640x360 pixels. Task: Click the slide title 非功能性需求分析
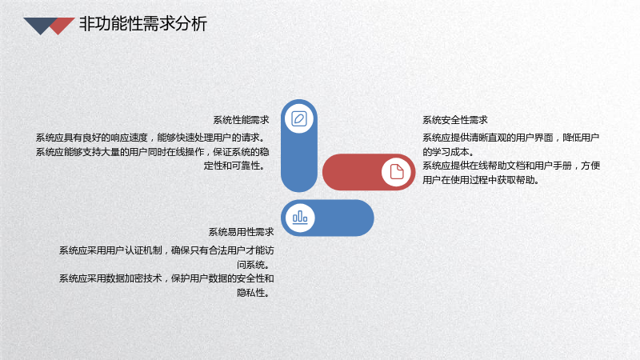(143, 24)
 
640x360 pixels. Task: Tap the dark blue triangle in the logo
(40, 25)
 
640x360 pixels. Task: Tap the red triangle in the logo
(62, 26)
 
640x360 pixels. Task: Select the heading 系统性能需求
(242, 120)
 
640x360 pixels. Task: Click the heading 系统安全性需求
(455, 120)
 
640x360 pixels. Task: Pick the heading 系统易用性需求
(242, 232)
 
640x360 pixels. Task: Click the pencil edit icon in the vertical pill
(299, 118)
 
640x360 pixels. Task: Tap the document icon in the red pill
(396, 172)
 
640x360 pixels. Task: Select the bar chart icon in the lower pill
(300, 218)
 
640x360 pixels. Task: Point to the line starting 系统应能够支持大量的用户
(152, 152)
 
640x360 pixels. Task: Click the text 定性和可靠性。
(236, 166)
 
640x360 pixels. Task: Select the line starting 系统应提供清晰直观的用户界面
(510, 138)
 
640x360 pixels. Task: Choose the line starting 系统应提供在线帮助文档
(511, 166)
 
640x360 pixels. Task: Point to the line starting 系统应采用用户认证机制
(166, 250)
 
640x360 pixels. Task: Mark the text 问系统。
(255, 265)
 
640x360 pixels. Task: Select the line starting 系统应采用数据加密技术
(166, 278)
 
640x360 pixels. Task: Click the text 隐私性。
(255, 293)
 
